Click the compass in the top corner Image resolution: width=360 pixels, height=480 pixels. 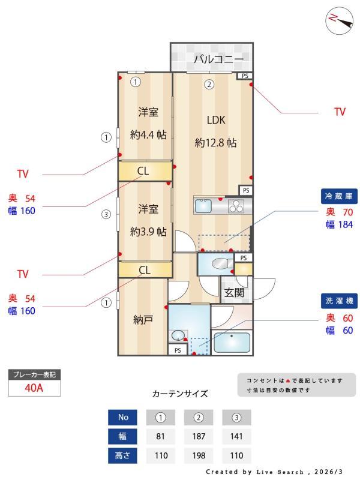point(339,20)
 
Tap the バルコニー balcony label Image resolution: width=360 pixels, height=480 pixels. point(218,58)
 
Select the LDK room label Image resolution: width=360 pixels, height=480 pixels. point(216,120)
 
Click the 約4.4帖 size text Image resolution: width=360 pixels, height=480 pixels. point(148,134)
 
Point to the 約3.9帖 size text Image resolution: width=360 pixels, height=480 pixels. point(148,232)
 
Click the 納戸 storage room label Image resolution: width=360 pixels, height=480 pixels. point(143,320)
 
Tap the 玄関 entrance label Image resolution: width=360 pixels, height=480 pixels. point(234,293)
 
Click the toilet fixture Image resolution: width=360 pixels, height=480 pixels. point(222,263)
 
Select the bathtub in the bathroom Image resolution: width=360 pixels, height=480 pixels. point(232,343)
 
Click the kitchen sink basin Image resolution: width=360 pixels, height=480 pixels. point(203,206)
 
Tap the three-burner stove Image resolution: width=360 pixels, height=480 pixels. point(236,206)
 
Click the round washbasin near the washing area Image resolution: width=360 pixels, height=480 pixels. point(178,335)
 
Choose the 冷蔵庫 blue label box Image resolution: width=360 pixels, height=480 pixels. point(339,196)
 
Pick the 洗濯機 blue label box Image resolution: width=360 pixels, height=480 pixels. point(339,301)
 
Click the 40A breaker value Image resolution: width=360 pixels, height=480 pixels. point(34,388)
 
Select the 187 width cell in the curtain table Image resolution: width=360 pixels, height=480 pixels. point(199,436)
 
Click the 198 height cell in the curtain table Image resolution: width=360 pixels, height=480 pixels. point(199,455)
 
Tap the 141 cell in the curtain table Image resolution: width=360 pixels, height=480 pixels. point(236,436)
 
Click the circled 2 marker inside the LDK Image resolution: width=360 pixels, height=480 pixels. point(209,84)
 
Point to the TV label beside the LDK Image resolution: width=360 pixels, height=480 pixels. point(340,112)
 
